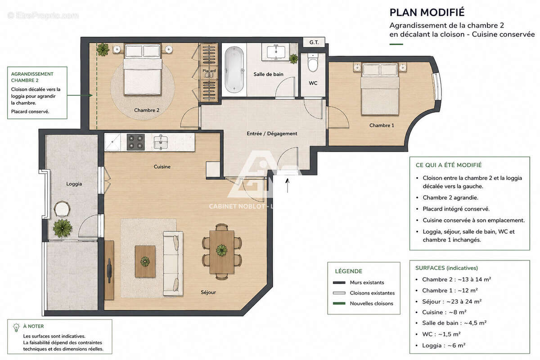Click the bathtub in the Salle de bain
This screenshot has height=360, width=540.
tap(234, 70)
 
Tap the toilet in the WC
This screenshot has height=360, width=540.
tap(313, 63)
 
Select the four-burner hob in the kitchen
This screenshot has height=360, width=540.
tap(136, 142)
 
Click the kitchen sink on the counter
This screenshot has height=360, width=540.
tap(161, 142)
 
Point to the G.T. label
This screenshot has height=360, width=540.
tap(314, 42)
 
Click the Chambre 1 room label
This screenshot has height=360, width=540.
tap(382, 126)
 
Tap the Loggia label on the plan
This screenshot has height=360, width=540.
tap(74, 184)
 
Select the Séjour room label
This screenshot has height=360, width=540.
tap(208, 292)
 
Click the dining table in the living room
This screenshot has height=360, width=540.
tap(222, 252)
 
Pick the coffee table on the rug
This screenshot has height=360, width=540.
tap(145, 261)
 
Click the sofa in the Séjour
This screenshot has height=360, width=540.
tap(173, 263)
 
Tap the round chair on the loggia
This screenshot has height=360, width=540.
tap(62, 209)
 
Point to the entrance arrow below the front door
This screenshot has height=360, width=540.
tap(288, 185)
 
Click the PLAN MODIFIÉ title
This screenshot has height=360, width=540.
tap(427, 13)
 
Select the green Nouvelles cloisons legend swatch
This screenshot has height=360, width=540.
tap(339, 303)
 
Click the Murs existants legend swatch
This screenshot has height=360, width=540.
tap(339, 283)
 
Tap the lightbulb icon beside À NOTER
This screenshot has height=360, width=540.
tap(16, 328)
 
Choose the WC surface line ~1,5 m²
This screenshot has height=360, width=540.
tap(441, 334)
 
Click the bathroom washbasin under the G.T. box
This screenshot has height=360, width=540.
tap(275, 52)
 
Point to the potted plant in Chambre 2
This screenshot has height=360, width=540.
tap(103, 49)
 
